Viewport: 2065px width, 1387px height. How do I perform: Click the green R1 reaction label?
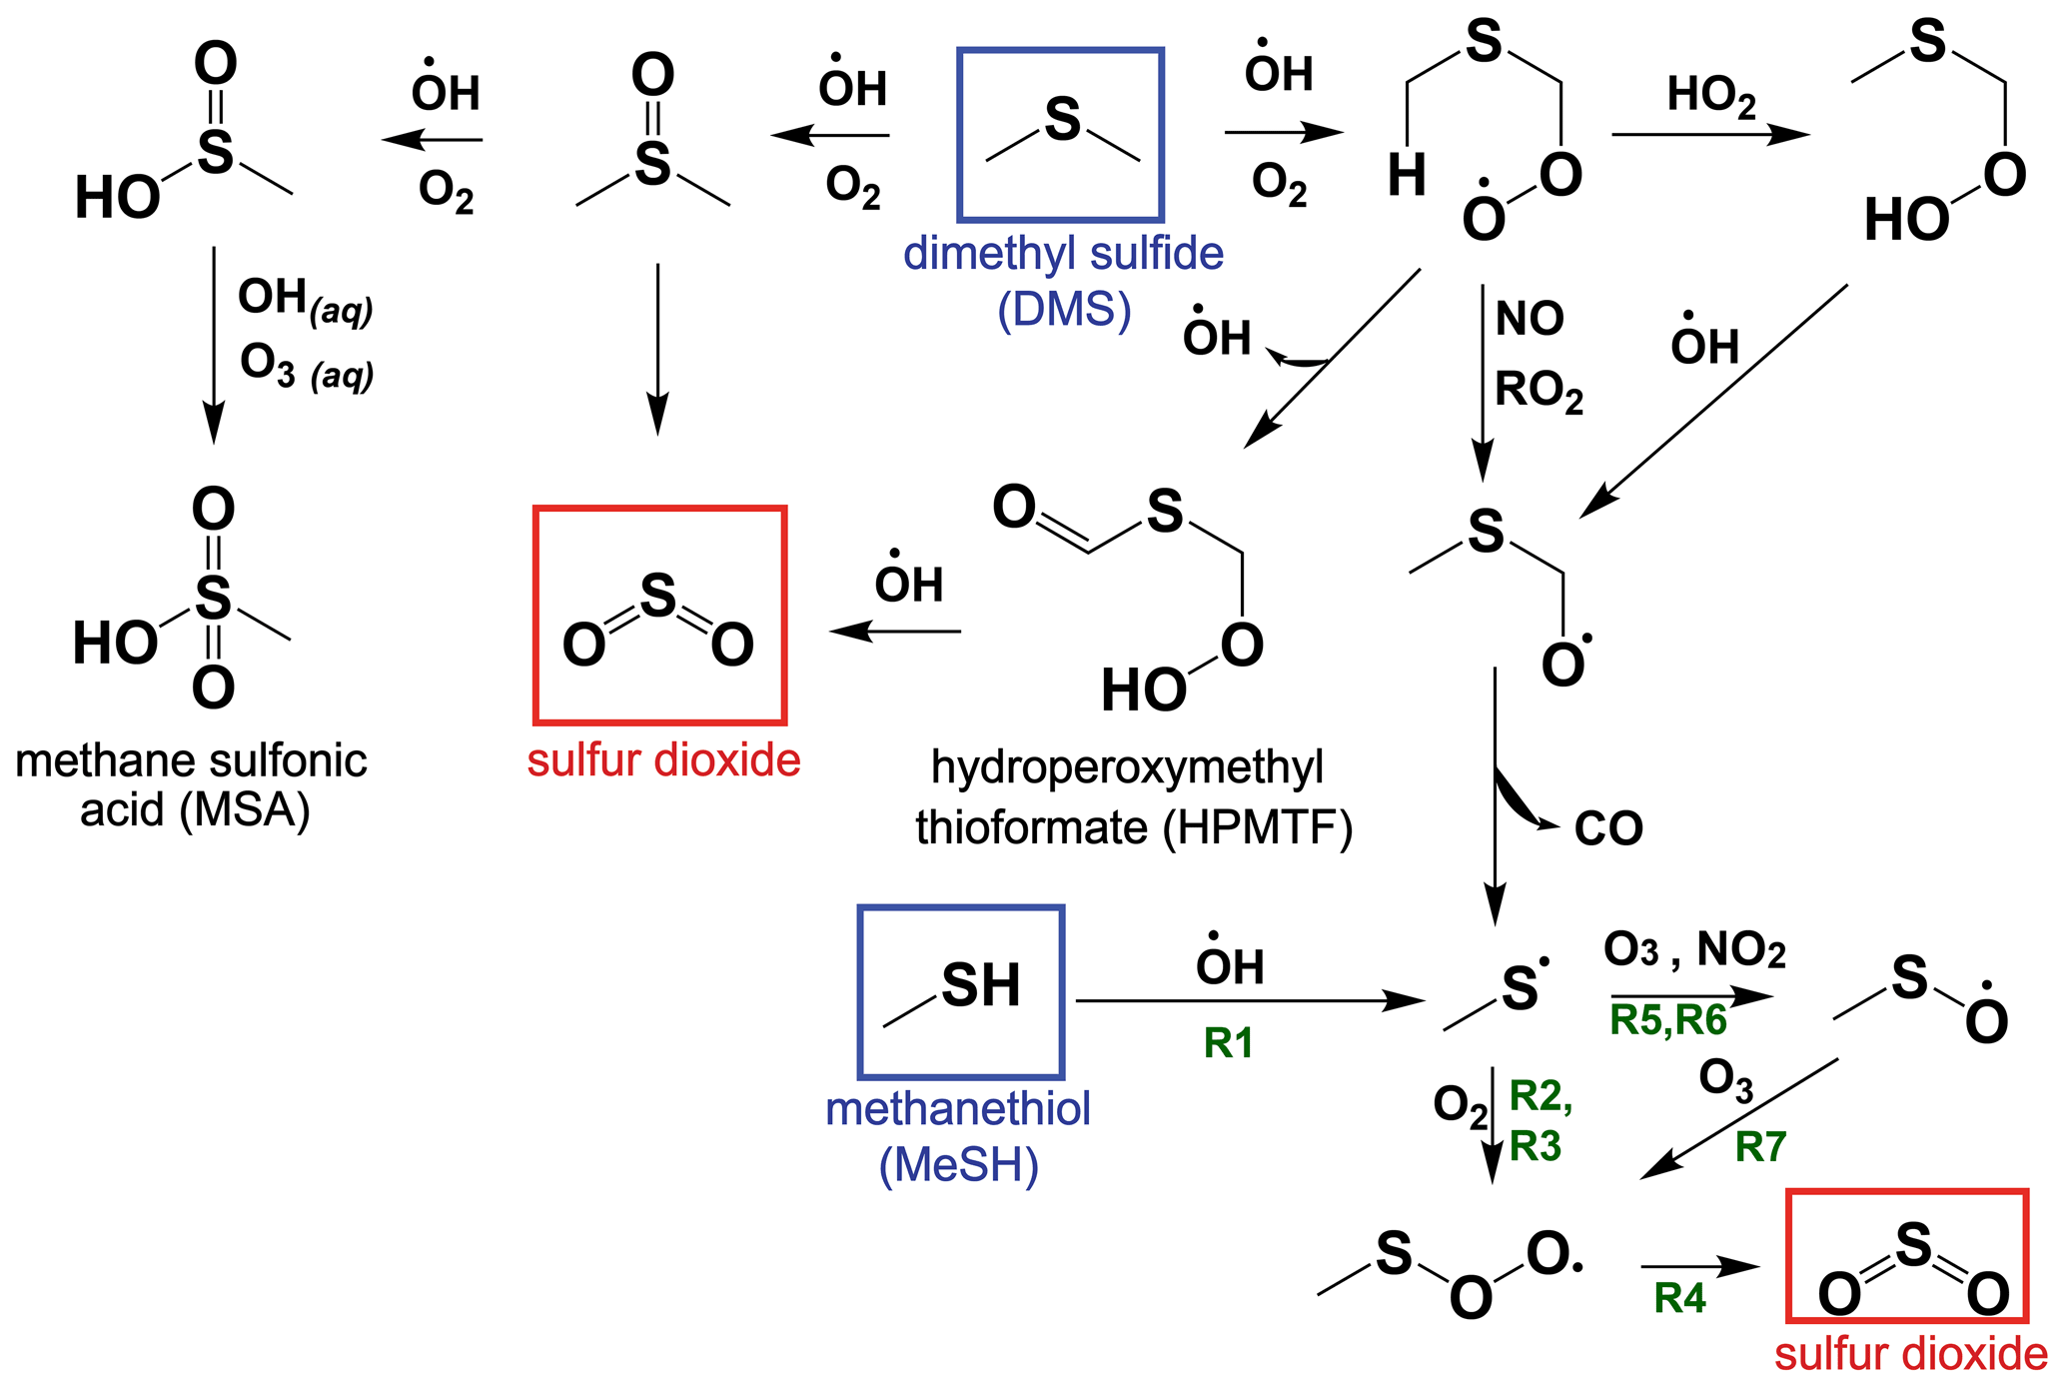click(x=1228, y=1043)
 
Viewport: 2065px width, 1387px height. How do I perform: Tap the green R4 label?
click(x=1679, y=1298)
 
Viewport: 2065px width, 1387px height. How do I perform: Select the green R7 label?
click(x=1759, y=1146)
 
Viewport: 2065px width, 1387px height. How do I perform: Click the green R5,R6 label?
click(x=1667, y=1020)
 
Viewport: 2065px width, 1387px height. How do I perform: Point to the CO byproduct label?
click(x=1608, y=828)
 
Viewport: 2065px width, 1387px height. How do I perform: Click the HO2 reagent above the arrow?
click(x=1710, y=97)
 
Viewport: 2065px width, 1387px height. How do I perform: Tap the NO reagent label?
click(x=1529, y=319)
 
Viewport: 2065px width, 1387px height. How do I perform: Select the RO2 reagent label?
click(x=1539, y=391)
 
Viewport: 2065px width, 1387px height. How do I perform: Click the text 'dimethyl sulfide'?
click(x=1063, y=254)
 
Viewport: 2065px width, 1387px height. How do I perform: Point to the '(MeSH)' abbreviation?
click(x=959, y=1165)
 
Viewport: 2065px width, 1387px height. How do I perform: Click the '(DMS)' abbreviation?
click(x=1064, y=310)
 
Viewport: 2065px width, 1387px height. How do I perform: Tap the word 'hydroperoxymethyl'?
click(x=1127, y=767)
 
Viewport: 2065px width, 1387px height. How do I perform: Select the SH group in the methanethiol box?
click(x=980, y=985)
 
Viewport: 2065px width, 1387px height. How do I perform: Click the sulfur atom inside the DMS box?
click(x=1062, y=120)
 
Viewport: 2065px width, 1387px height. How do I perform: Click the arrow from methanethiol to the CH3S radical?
click(x=1249, y=1000)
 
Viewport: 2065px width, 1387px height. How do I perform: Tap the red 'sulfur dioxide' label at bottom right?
click(x=1910, y=1355)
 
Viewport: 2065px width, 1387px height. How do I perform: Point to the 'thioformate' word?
click(x=1032, y=828)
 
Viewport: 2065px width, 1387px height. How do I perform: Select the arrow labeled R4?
click(x=1698, y=1267)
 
